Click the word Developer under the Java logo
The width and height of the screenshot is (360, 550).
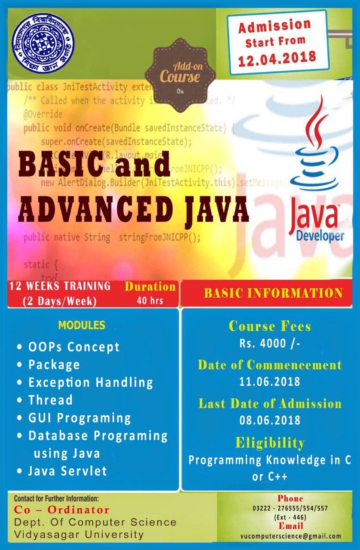(320, 236)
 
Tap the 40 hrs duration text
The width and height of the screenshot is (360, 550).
(150, 300)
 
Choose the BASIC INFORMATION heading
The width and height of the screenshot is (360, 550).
(273, 293)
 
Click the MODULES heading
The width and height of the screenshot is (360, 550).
(82, 325)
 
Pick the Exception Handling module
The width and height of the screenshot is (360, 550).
(91, 382)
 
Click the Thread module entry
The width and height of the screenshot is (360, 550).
(50, 400)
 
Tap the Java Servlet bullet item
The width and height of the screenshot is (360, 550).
(67, 471)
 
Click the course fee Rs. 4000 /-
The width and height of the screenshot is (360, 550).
(269, 344)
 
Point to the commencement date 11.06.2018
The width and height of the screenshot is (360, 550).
(269, 381)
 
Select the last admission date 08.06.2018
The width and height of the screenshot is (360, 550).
(270, 420)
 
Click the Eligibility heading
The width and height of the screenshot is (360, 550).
(270, 443)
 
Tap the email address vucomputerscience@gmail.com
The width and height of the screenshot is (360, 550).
(291, 536)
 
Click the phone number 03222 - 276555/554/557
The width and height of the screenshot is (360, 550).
(290, 508)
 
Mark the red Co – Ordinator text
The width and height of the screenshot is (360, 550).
(62, 510)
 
